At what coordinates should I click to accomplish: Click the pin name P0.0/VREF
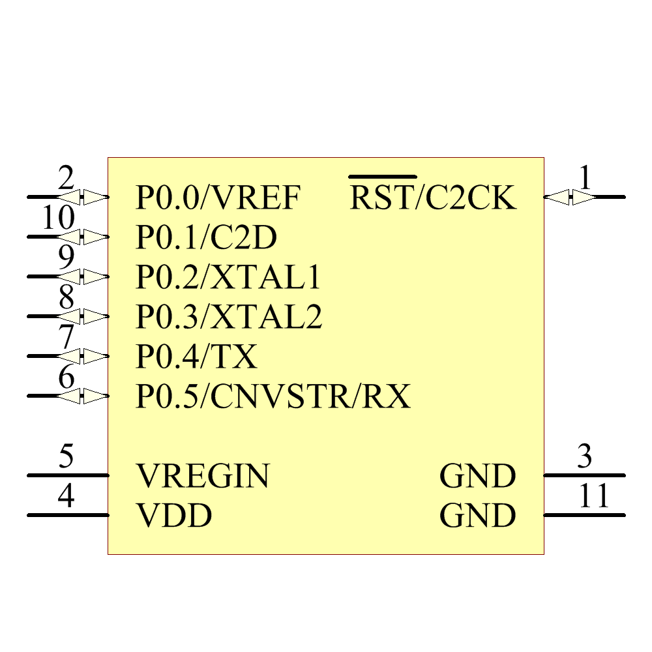[x=218, y=198]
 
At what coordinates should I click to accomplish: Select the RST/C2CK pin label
[x=433, y=198]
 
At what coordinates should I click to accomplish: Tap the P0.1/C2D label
[x=206, y=238]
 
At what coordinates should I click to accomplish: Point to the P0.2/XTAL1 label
[x=228, y=278]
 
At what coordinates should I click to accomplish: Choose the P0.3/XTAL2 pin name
[x=229, y=318]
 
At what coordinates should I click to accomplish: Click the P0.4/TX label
[x=196, y=357]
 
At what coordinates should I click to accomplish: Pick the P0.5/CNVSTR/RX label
[x=273, y=396]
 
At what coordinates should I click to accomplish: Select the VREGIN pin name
[x=203, y=476]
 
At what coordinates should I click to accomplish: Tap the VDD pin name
[x=174, y=516]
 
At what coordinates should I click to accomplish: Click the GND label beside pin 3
[x=478, y=476]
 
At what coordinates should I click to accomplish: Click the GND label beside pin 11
[x=478, y=516]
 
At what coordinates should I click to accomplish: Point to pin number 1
[x=586, y=178]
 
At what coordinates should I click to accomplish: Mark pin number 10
[x=58, y=218]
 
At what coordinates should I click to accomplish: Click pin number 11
[x=593, y=496]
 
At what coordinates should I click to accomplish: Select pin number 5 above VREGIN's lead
[x=66, y=456]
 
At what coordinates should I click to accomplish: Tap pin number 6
[x=66, y=377]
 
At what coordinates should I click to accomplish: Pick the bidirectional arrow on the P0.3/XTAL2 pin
[x=83, y=317]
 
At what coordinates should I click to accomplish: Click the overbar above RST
[x=382, y=177]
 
